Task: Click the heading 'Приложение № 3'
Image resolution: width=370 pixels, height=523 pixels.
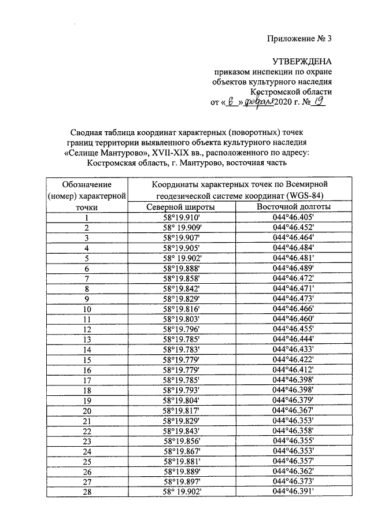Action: click(300, 40)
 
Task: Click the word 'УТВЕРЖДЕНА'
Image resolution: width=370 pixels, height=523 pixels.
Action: click(304, 61)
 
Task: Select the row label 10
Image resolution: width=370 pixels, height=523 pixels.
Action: click(87, 309)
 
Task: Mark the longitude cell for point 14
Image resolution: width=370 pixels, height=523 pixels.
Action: click(293, 350)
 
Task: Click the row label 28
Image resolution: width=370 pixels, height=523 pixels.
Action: click(87, 491)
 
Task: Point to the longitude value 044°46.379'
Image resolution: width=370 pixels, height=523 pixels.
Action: click(293, 400)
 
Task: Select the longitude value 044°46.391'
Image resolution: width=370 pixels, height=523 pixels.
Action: click(293, 491)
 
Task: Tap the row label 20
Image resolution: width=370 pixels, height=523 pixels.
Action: click(87, 410)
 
